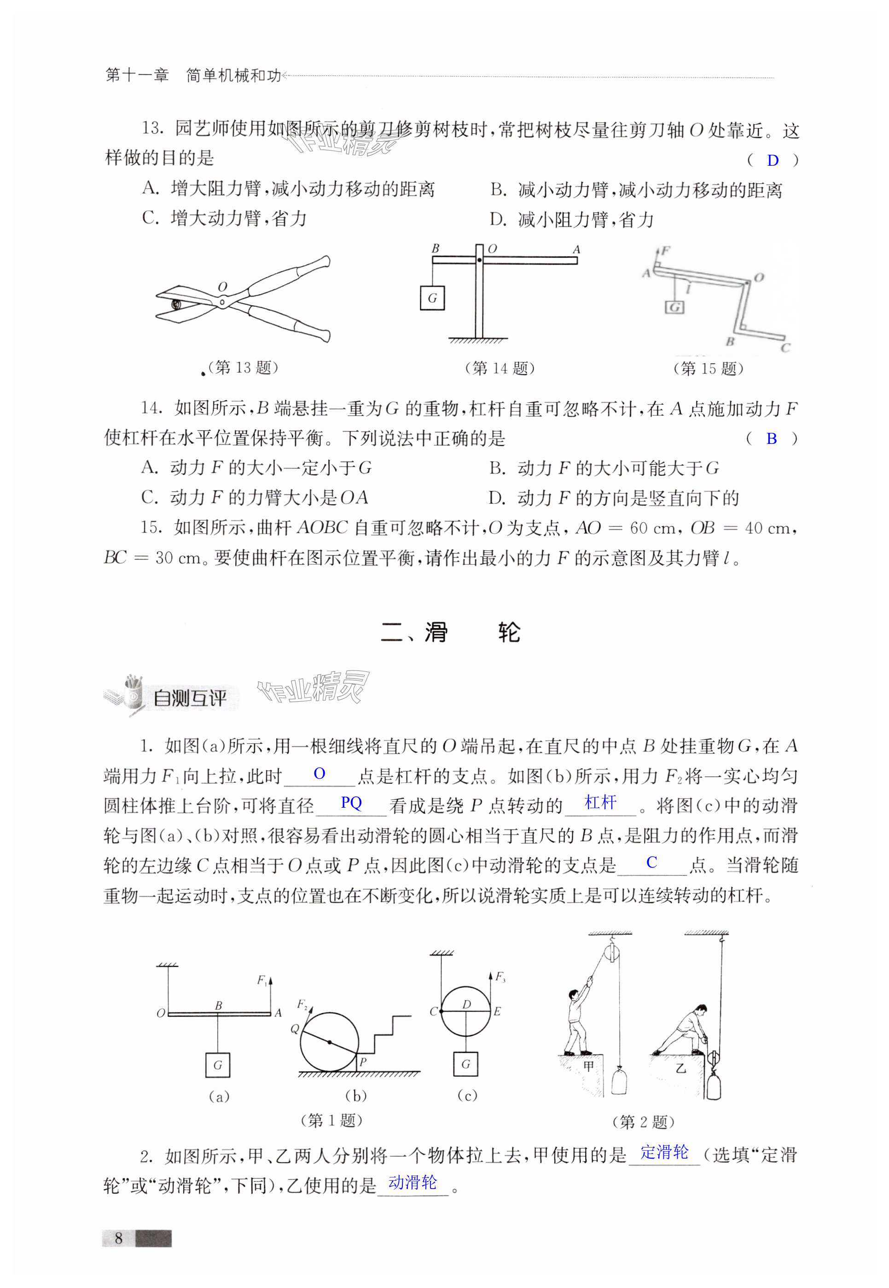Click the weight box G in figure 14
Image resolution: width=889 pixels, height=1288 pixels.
point(432,298)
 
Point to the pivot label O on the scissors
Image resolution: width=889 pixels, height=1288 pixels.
point(222,287)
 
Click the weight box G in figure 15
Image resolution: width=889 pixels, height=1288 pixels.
point(674,307)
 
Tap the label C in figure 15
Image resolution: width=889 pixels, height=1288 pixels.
point(785,348)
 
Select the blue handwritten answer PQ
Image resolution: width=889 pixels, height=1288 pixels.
point(351,803)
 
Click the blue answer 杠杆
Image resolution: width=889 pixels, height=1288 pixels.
point(600,803)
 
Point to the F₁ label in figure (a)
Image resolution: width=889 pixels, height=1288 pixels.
point(262,980)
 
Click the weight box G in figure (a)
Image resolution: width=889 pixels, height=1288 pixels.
point(217,1065)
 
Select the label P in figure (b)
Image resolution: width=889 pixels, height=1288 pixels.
point(363,1062)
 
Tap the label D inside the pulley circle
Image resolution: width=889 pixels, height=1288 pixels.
point(466,1004)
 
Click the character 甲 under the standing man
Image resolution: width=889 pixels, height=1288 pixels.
point(589,1067)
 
